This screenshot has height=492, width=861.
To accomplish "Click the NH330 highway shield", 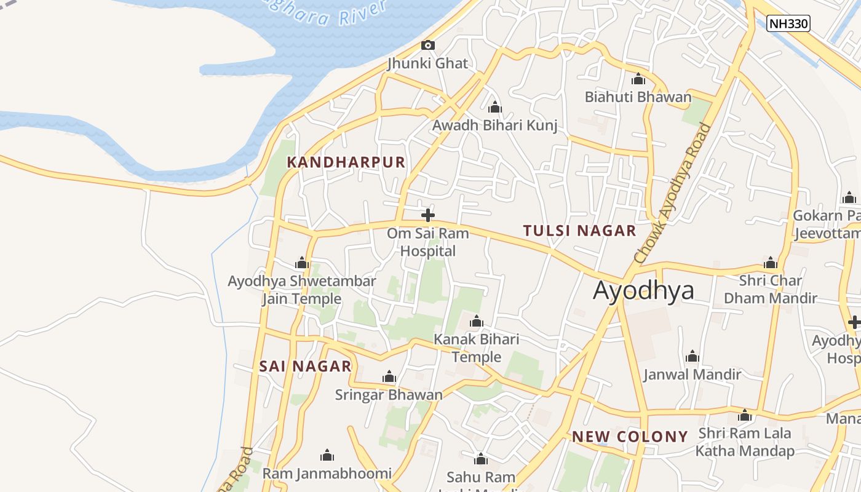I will point(788,24).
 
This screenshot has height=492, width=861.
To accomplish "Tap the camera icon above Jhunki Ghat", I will point(428,45).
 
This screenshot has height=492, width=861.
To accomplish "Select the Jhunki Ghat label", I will point(427,63).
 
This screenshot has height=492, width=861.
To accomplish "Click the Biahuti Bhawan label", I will point(638,97).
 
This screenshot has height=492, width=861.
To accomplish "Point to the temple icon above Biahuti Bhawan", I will point(638,79).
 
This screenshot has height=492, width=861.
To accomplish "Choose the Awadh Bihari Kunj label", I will point(494,126).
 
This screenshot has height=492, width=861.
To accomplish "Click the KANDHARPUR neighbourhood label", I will point(346,162).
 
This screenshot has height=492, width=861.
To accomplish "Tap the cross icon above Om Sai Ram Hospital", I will point(428,215).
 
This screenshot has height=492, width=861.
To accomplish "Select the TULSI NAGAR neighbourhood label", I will point(579,231).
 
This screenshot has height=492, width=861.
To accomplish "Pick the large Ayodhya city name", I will point(643,291).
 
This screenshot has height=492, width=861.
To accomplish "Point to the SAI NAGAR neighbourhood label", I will point(305,367).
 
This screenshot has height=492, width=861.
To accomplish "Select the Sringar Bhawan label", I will point(389,395).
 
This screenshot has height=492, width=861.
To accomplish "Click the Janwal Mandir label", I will point(692,375).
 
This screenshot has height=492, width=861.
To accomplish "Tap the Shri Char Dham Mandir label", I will point(770,290).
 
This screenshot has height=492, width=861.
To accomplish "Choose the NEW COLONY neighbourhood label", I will point(630,437).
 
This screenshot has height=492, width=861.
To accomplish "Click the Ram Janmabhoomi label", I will point(327,474).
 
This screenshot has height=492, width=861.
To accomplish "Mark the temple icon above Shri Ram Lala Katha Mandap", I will point(745,416).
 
